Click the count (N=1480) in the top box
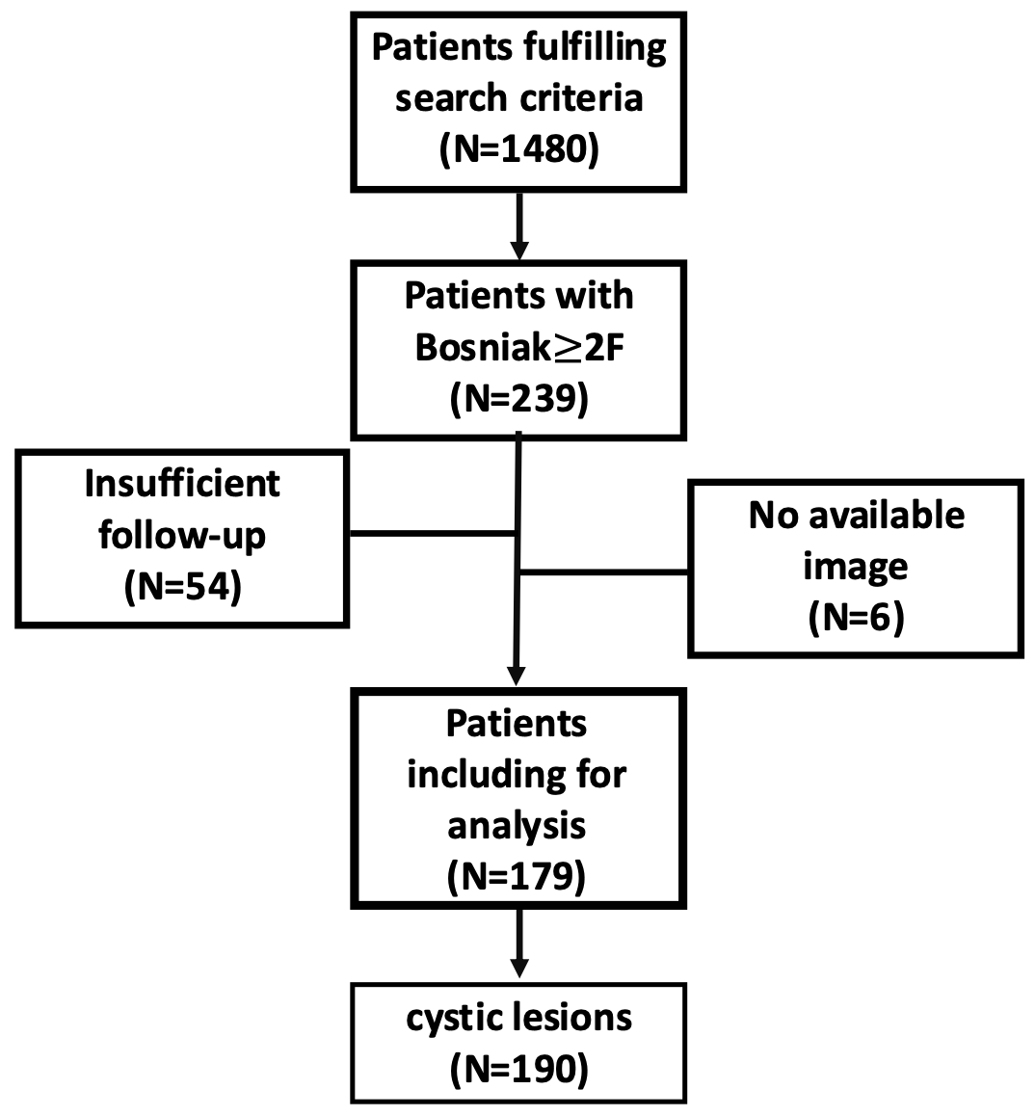(x=518, y=149)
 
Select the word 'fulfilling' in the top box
(x=596, y=48)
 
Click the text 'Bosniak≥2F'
(x=518, y=347)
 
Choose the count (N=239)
(x=518, y=399)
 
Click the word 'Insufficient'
(x=182, y=484)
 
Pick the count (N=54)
(x=182, y=587)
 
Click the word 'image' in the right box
(x=856, y=568)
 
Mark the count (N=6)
(x=856, y=617)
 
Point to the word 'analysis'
(x=517, y=826)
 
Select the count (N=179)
(x=517, y=875)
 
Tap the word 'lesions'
(x=573, y=1017)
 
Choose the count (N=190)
(x=518, y=1069)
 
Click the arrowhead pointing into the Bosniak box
(x=519, y=251)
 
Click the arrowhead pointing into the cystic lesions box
(x=519, y=968)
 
